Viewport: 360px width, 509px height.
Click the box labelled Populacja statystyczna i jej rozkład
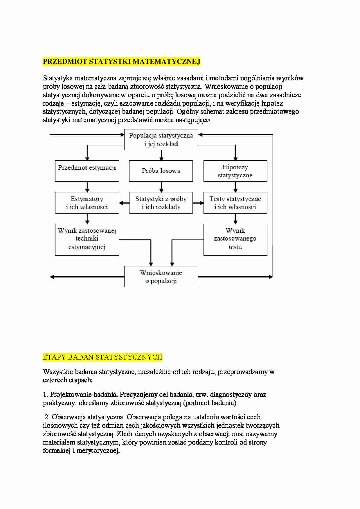161,140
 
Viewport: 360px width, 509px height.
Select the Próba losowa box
161,171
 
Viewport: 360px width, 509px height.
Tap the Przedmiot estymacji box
87,171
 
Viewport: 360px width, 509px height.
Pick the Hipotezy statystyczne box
235,171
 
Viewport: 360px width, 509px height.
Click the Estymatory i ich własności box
87,203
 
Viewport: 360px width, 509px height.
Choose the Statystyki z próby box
161,203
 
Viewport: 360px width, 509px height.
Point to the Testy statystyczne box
235,203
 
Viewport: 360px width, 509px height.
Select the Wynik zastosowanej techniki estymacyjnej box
87,239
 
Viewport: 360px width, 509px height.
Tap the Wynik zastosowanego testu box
235,239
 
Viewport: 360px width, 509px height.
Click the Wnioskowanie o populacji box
161,276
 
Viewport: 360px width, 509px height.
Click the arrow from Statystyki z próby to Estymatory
124,203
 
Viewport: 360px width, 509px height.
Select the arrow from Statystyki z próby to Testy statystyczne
198,203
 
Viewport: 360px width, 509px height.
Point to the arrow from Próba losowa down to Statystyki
161,187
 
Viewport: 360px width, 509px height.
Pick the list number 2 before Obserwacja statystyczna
47,417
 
